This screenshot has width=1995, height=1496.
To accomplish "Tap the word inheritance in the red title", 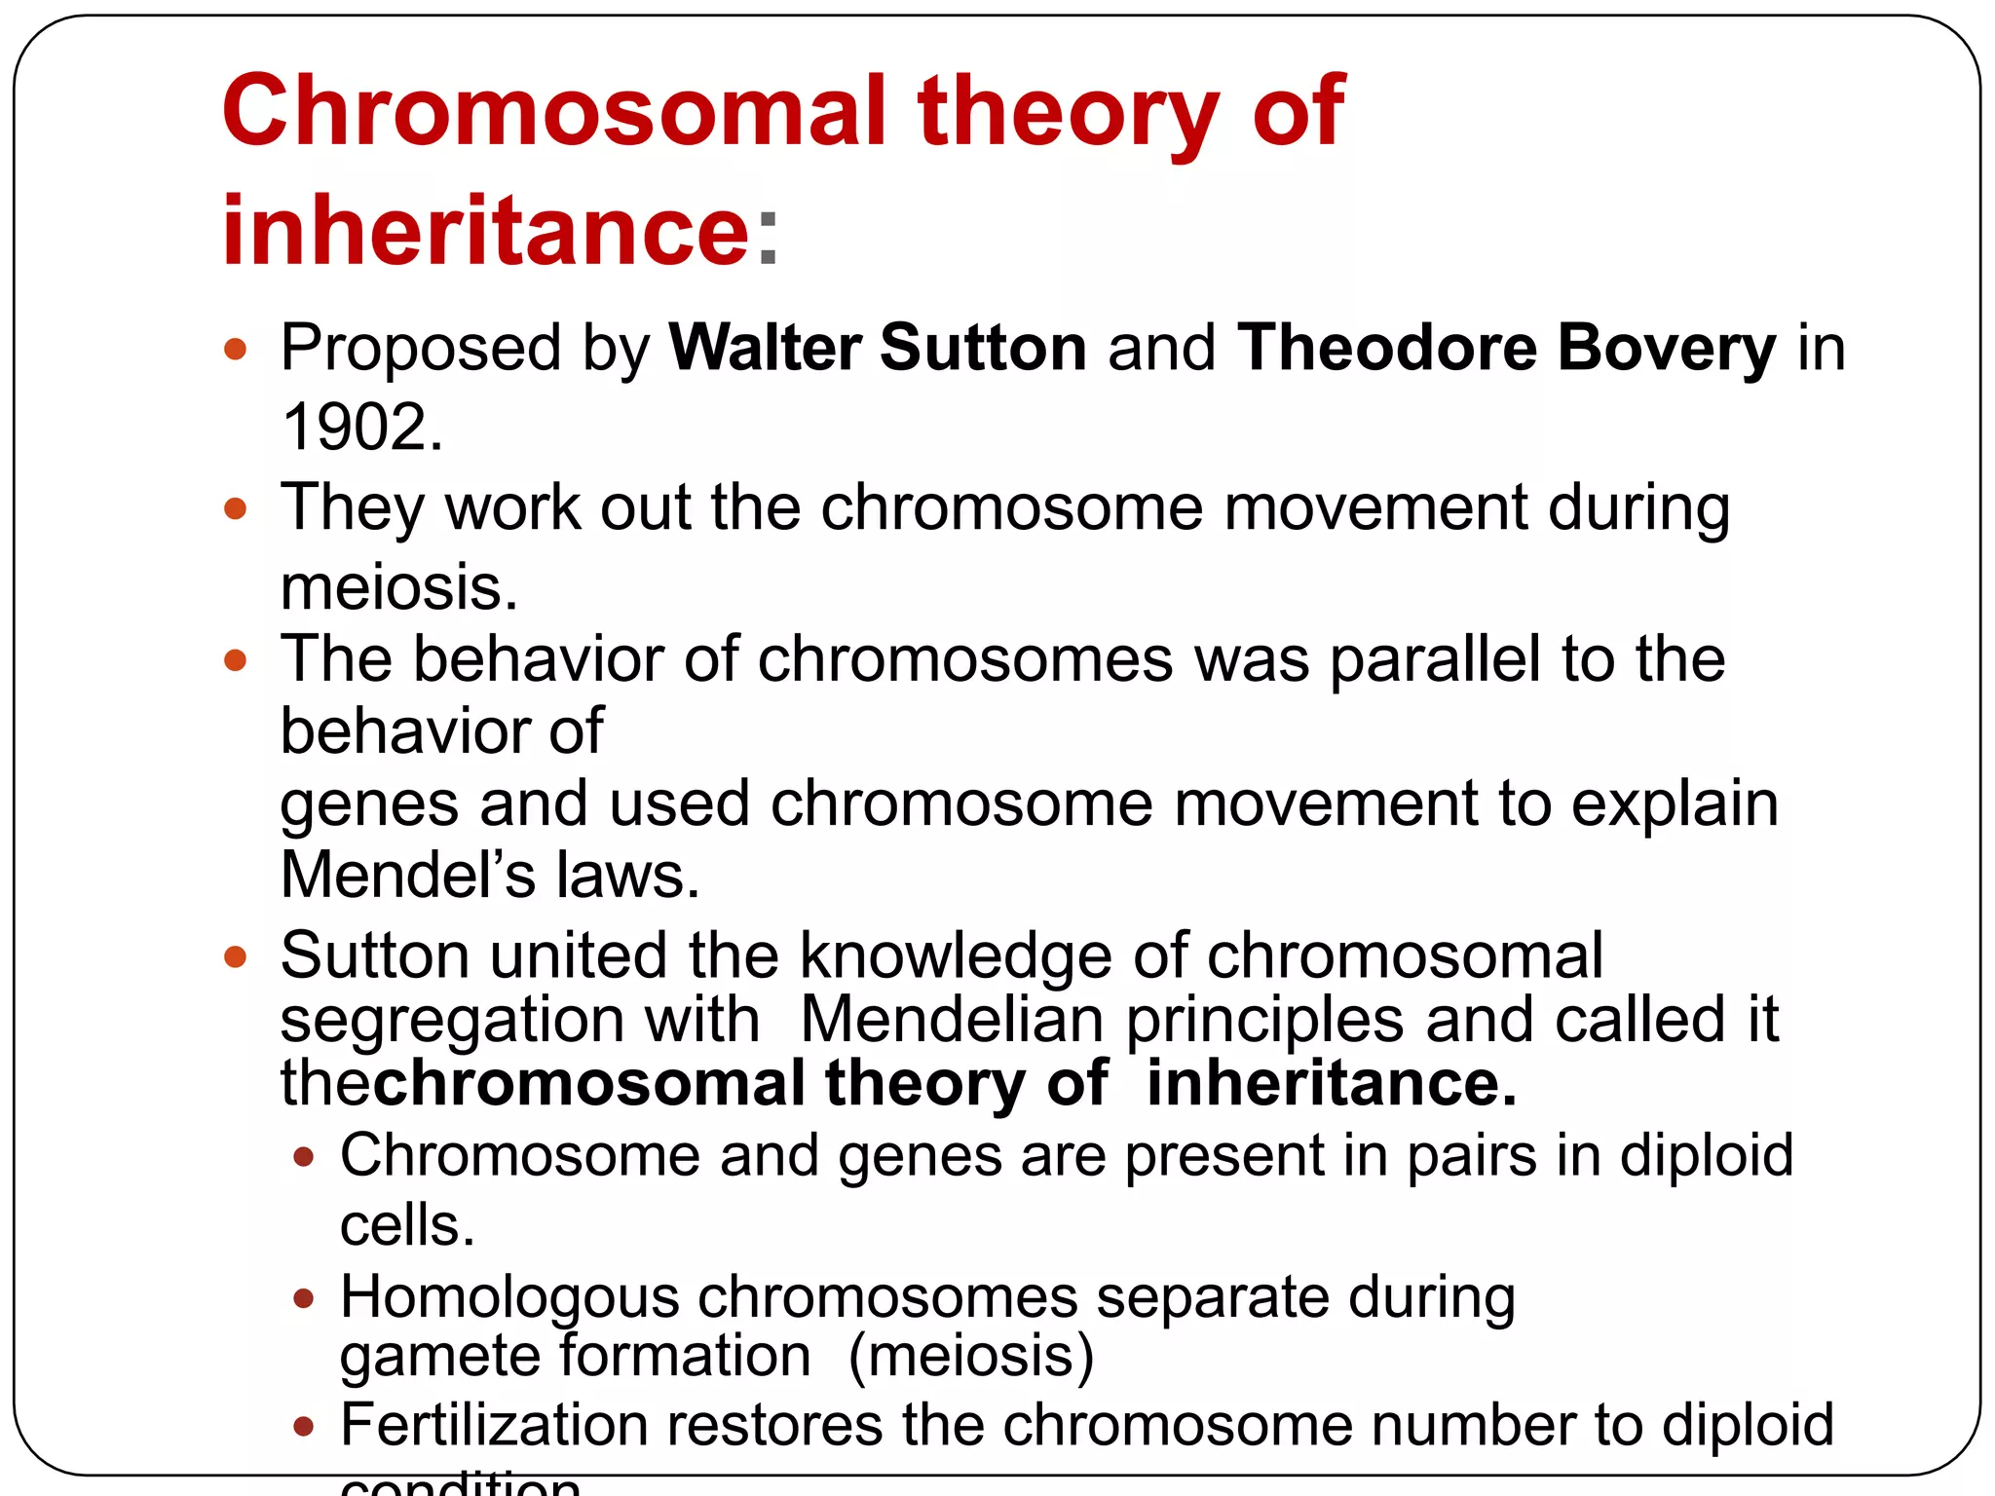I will (485, 231).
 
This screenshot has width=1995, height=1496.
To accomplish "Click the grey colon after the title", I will (769, 239).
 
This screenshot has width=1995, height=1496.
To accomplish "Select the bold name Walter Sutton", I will (878, 348).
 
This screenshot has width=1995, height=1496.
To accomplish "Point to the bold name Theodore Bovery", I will (1506, 348).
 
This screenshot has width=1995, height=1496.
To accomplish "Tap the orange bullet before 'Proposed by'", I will (235, 350).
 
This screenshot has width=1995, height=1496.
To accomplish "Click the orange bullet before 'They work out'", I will (235, 508).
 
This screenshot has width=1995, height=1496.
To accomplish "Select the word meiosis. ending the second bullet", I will (398, 588).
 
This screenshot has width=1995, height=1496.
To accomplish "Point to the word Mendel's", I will (407, 875).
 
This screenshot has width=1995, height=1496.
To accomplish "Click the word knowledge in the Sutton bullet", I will (955, 955).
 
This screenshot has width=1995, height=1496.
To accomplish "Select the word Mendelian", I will (952, 1020).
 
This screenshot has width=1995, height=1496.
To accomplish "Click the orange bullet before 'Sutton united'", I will (235, 956).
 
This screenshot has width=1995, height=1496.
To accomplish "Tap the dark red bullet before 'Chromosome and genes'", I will (304, 1157).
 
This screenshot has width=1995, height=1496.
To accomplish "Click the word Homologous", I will (508, 1297).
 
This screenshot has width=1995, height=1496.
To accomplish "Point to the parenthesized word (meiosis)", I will (971, 1356).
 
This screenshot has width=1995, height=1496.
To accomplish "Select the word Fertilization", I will (494, 1425).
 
